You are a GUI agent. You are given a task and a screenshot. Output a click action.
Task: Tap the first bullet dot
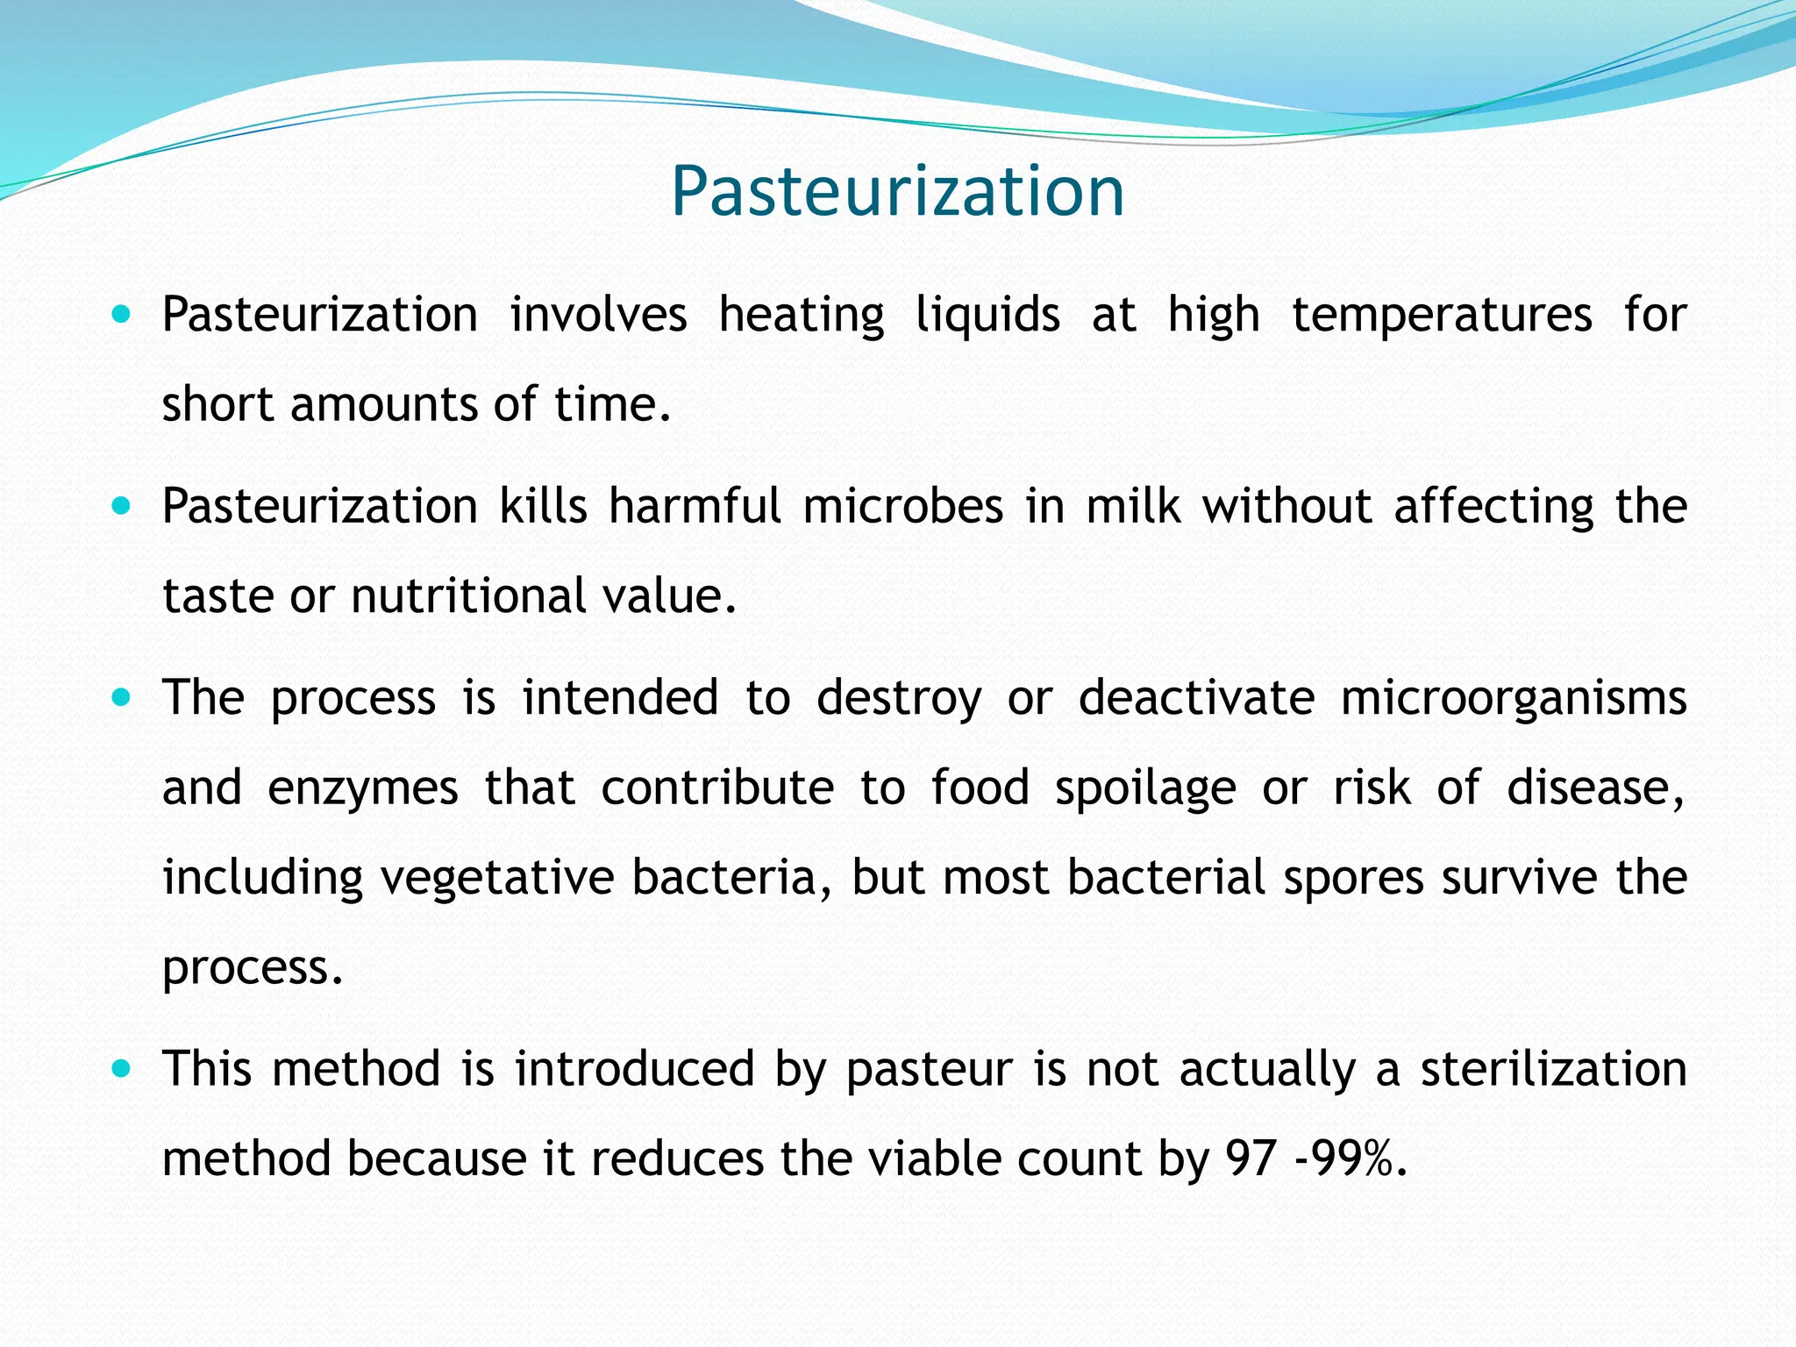tap(122, 313)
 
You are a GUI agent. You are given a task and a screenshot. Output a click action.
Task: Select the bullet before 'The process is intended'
tap(122, 698)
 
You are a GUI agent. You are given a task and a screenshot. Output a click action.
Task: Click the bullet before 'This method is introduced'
tap(122, 1069)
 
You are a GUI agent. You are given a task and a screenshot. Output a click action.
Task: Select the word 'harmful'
tap(695, 506)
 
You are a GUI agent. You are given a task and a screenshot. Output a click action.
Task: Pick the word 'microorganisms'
tap(1514, 699)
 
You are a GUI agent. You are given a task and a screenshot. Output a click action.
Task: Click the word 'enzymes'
tap(362, 788)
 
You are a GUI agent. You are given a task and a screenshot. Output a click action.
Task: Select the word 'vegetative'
tap(496, 878)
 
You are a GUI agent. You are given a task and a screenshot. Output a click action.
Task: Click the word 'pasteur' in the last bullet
tap(929, 1070)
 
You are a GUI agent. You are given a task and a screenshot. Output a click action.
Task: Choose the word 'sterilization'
tap(1553, 1070)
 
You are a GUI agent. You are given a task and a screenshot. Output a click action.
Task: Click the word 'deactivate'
tap(1196, 699)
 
